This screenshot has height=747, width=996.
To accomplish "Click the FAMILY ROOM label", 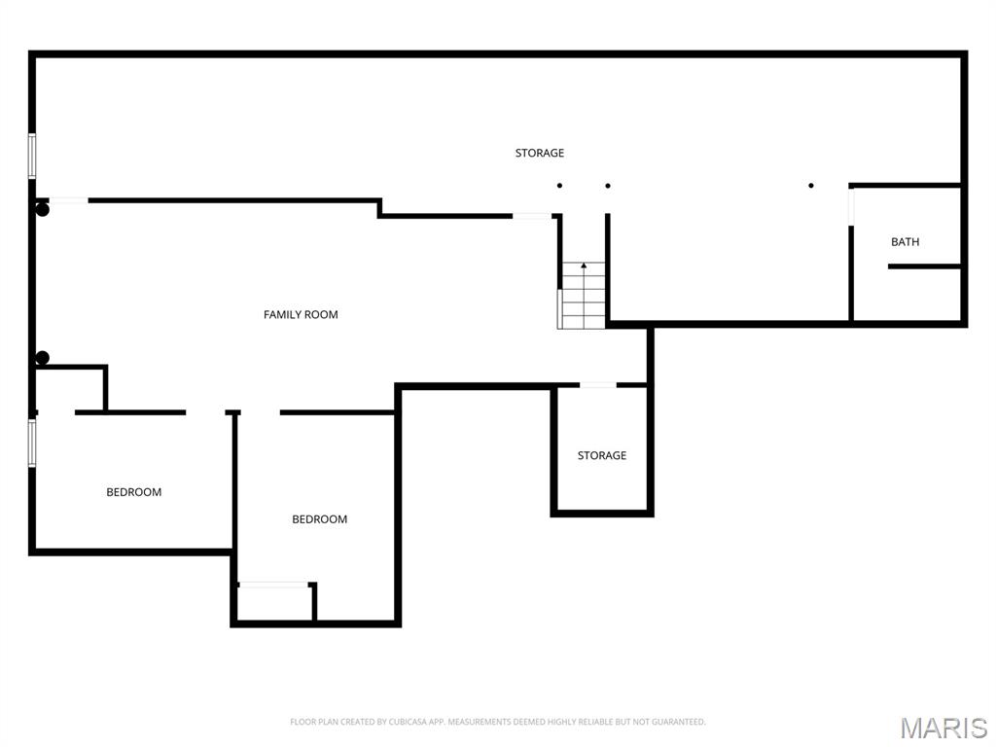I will (x=301, y=314).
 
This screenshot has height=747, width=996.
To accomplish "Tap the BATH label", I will (x=905, y=242).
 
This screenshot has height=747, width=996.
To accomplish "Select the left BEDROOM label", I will (x=134, y=492).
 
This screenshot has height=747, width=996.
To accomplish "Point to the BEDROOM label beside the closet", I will (x=320, y=519).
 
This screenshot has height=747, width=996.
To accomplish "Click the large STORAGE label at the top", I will (x=540, y=153).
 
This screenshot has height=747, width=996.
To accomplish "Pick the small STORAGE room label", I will (x=602, y=455).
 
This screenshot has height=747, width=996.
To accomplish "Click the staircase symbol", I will (x=583, y=296).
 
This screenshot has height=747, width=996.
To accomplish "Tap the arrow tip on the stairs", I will (x=584, y=265).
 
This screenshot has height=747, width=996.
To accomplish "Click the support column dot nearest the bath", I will (x=811, y=185).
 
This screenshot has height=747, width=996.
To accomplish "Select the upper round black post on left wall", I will (x=43, y=209).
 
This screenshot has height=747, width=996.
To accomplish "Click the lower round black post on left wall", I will (x=42, y=358).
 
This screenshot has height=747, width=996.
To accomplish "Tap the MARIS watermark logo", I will (x=943, y=728).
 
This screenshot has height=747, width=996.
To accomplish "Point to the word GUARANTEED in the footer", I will (x=677, y=722).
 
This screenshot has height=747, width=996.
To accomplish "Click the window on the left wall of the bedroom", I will (x=32, y=444).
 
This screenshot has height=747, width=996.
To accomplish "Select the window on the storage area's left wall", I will (x=32, y=156).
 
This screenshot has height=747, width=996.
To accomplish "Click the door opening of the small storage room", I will (x=598, y=385).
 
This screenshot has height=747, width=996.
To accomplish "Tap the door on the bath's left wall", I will (x=852, y=206).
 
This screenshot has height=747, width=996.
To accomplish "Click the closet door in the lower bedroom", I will (x=273, y=585).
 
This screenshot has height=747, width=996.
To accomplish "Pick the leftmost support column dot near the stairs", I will (x=559, y=185).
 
